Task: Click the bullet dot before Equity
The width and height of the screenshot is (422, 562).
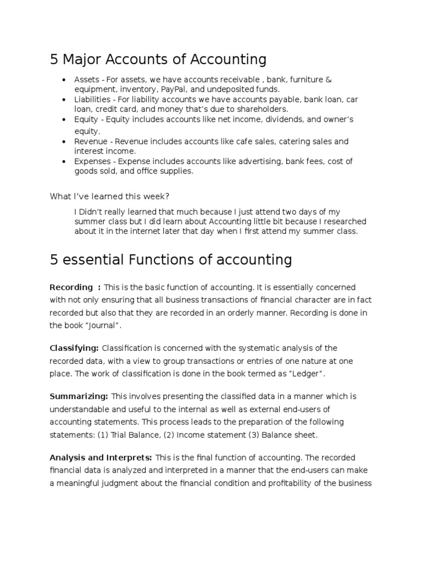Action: [65, 120]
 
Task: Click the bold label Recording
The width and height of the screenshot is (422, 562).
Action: [71, 287]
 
